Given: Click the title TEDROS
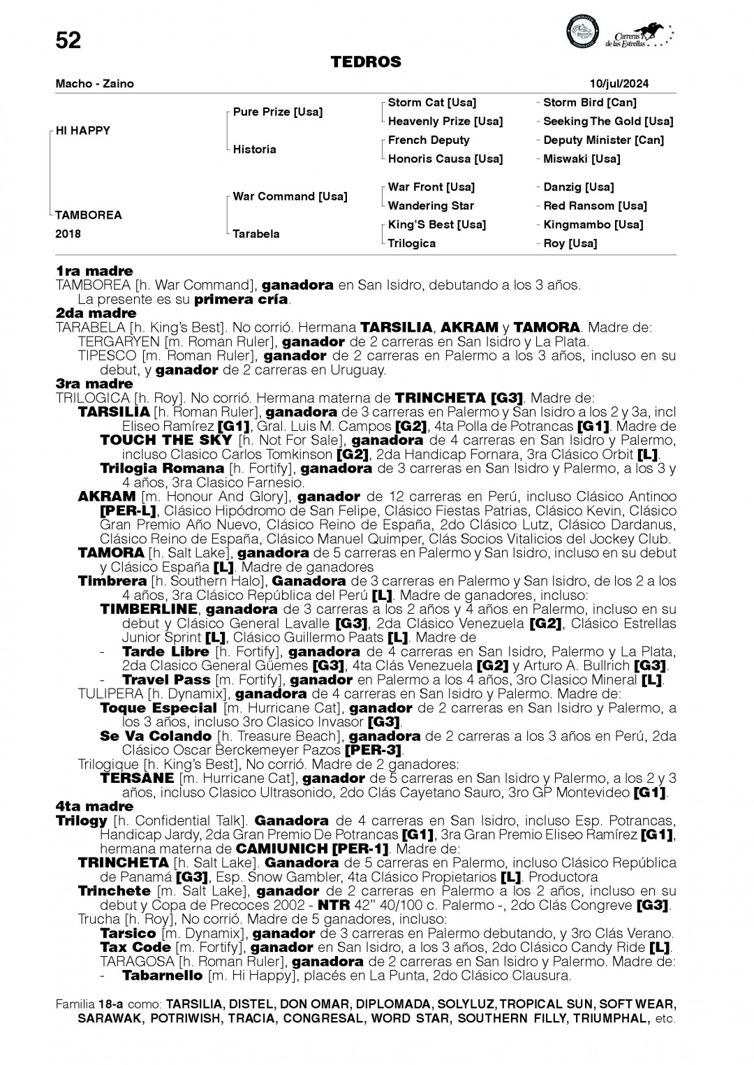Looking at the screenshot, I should (366, 63).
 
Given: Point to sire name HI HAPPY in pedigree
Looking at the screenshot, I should (83, 131).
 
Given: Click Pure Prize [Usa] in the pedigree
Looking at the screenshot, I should (277, 112).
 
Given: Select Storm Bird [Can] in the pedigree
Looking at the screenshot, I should (589, 103).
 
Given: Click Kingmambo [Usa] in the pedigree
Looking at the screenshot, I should (593, 224).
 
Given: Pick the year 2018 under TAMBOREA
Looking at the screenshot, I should (68, 234).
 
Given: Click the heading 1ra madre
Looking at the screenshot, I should (94, 271).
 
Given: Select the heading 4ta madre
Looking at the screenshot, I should (94, 807).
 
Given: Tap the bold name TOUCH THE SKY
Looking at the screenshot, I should (166, 440).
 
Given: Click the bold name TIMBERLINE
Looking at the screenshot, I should (149, 609).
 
